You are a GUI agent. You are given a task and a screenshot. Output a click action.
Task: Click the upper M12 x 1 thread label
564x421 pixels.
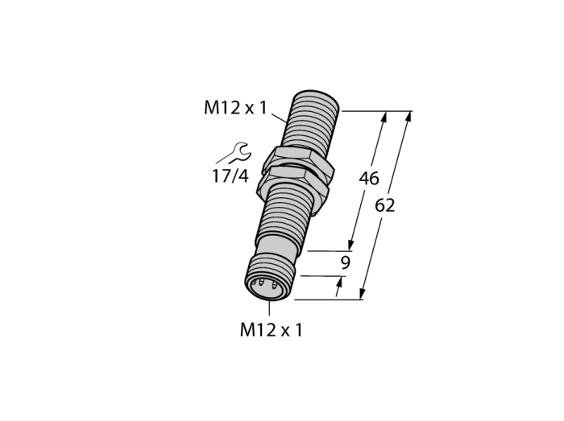[235, 107]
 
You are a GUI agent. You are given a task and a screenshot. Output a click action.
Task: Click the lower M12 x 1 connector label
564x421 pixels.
[272, 330]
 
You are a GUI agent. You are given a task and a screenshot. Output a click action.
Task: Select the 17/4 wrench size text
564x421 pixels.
[230, 176]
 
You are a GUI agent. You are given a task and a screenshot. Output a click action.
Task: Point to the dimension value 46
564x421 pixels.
[369, 179]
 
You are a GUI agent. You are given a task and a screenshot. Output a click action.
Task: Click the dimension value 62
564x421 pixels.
[384, 205]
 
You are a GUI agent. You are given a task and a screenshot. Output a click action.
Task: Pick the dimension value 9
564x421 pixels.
[345, 263]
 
